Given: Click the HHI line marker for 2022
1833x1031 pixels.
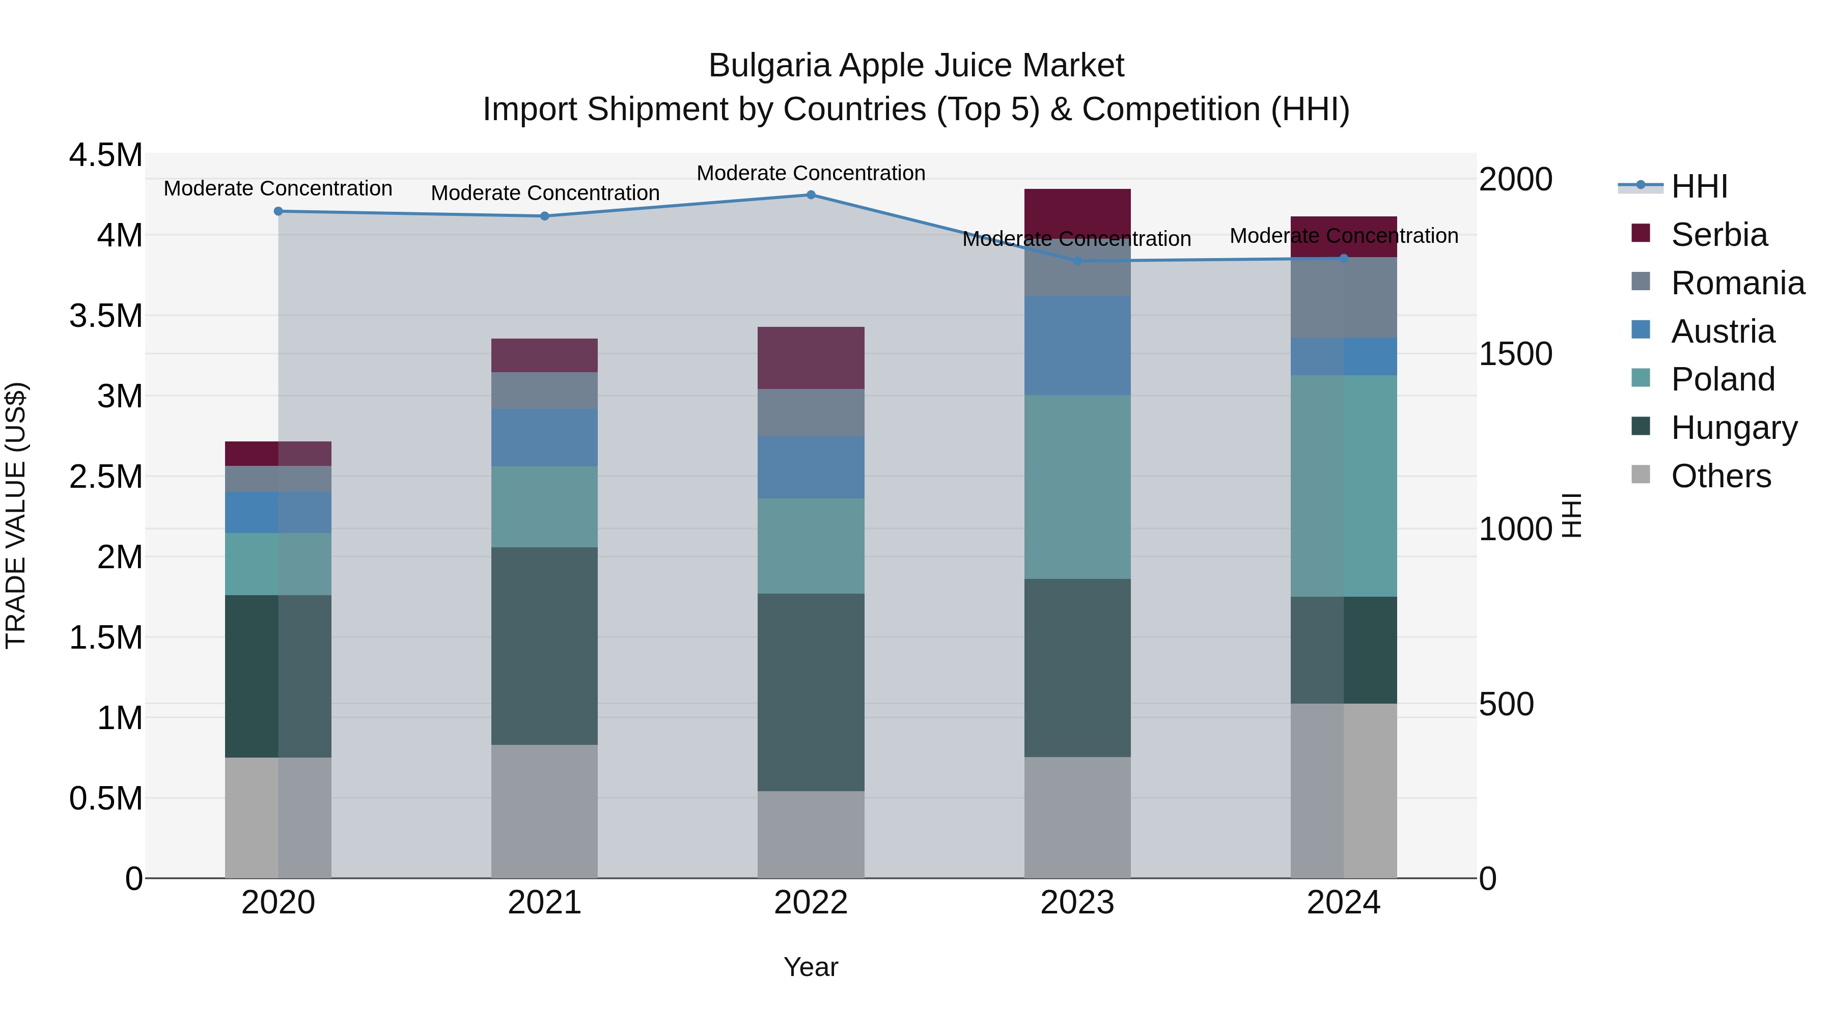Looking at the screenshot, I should click(x=811, y=194).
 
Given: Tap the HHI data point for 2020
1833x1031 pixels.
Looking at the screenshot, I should click(x=278, y=211).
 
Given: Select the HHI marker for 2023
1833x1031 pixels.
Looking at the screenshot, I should click(x=1077, y=261).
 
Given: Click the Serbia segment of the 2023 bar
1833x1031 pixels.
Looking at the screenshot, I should click(x=1077, y=210).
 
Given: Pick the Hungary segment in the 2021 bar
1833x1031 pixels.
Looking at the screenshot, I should click(x=544, y=646).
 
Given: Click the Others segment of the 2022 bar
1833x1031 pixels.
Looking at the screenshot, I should click(x=811, y=834).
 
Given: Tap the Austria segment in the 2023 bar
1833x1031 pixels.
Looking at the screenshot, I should click(x=1077, y=345).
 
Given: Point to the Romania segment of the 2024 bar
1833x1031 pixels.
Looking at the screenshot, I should click(x=1344, y=297).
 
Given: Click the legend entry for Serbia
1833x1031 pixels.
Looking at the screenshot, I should click(x=1718, y=235).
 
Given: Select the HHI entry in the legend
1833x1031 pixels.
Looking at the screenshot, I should click(x=1699, y=186).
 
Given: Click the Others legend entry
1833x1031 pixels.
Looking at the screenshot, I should click(x=1720, y=476).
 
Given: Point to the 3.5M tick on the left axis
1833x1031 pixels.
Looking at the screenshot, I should click(x=106, y=316).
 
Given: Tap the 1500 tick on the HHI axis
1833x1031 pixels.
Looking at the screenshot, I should click(x=1516, y=354).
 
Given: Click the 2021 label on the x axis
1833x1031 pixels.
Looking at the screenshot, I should click(x=544, y=903).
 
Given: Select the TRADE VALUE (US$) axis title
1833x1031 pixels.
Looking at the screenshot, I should click(x=16, y=515).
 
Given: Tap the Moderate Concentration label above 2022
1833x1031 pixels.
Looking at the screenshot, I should click(x=811, y=173).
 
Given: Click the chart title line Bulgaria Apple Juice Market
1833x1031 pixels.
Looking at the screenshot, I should click(x=916, y=66).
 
